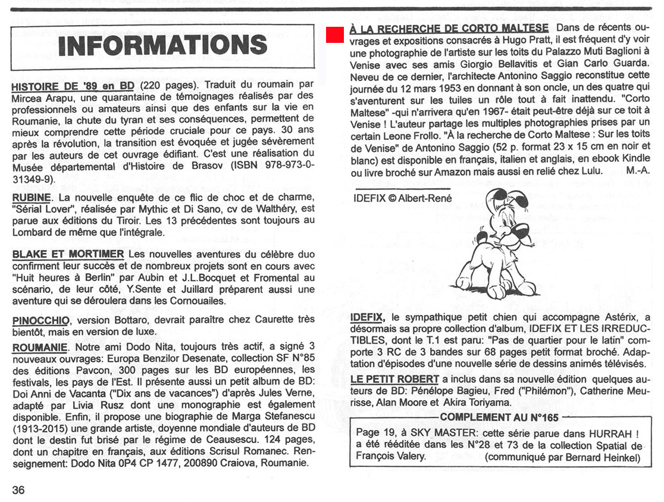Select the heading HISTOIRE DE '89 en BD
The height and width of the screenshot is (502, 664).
tap(73, 86)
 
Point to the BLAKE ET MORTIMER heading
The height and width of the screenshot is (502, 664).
tap(68, 255)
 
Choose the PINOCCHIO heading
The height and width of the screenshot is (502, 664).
tap(45, 320)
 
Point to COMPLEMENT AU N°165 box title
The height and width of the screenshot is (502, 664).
tap(499, 417)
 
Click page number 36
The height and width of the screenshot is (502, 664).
tap(18, 490)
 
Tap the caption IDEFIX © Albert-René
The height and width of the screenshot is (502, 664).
tap(402, 198)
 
